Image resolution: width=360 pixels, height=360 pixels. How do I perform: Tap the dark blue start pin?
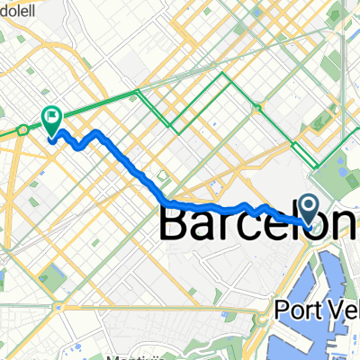point(310,211)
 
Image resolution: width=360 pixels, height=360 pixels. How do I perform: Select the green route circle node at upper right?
point(258,109)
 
